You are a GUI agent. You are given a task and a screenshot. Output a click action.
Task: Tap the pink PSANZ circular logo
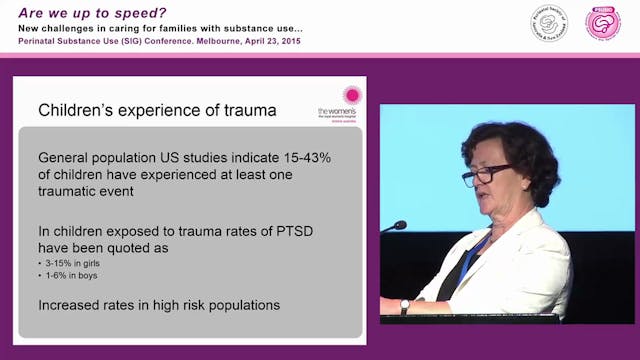point(602,23)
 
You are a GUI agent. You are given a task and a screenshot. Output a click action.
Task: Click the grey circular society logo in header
point(549,23)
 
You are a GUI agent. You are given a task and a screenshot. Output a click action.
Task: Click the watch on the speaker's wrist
point(405,305)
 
